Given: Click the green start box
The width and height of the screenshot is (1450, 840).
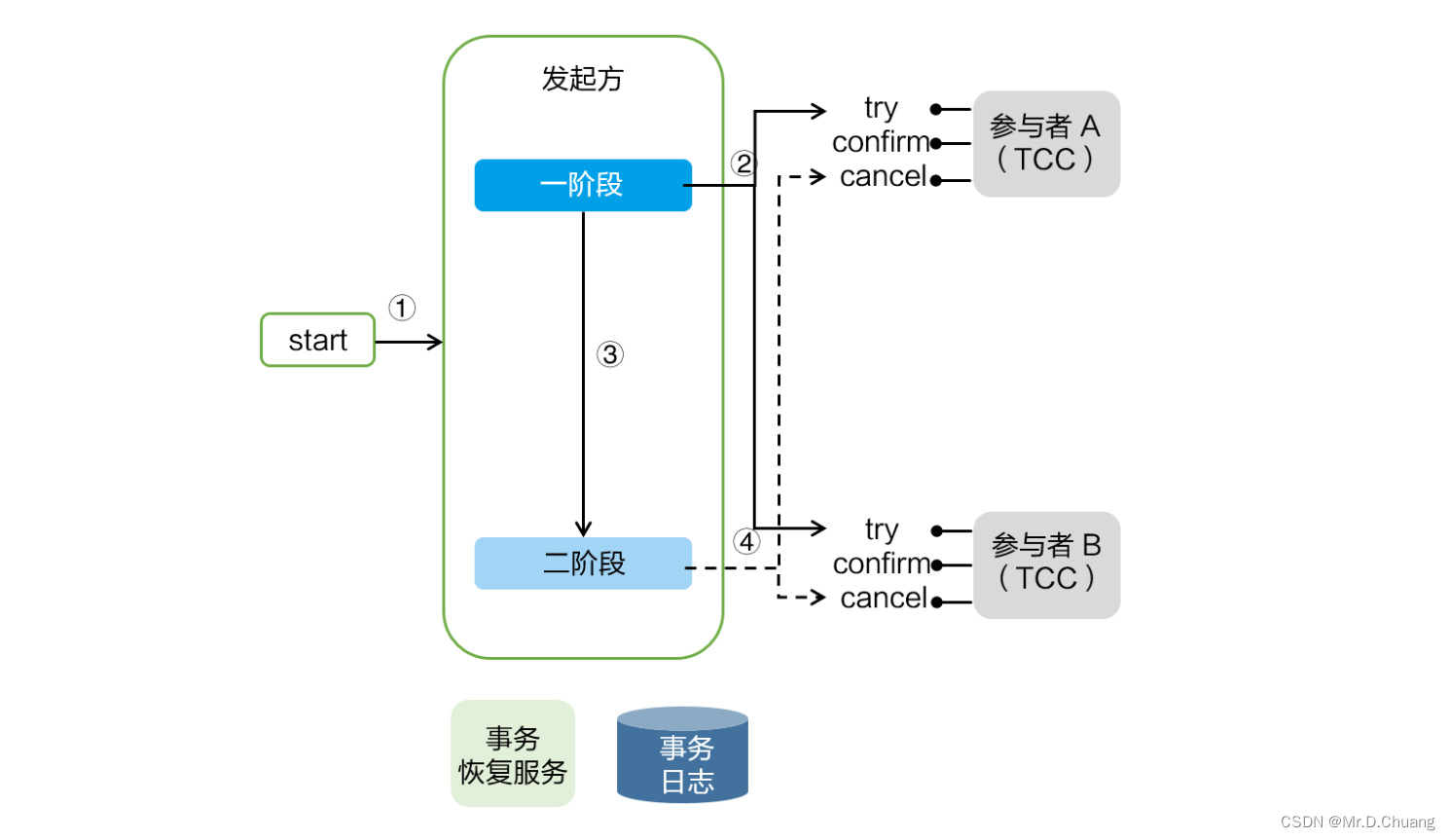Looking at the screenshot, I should click(317, 340).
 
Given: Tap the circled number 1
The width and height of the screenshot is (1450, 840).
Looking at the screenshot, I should click(402, 309).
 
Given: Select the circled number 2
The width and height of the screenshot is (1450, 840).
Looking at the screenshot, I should click(743, 164).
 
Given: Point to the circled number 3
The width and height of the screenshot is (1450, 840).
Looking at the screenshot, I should click(610, 354).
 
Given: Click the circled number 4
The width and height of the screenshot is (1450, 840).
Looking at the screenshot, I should click(746, 541).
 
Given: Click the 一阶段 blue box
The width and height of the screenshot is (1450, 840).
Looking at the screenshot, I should click(583, 185).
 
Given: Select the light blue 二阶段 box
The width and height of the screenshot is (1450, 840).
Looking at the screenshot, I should click(583, 564).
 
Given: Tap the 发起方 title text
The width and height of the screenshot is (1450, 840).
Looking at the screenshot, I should click(582, 79).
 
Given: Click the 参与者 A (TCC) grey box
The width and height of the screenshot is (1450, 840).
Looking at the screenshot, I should click(1046, 144).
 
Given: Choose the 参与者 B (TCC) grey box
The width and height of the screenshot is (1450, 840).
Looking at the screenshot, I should click(1046, 565).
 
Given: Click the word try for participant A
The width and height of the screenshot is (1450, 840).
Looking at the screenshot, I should click(881, 108).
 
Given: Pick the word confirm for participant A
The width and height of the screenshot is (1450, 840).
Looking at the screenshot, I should click(881, 142).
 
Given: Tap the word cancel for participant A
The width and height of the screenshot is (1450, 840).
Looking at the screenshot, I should click(883, 177).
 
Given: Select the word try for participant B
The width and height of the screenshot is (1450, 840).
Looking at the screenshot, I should click(881, 530).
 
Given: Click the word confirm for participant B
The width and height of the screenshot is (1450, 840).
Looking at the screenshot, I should click(882, 564).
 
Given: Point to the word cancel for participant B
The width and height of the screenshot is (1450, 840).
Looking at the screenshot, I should click(883, 598).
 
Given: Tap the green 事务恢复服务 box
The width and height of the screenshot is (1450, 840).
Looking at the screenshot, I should click(513, 754).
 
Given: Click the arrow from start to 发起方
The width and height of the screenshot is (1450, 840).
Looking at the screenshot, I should click(409, 342).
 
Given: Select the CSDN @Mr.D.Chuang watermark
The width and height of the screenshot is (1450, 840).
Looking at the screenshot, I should click(1357, 822).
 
